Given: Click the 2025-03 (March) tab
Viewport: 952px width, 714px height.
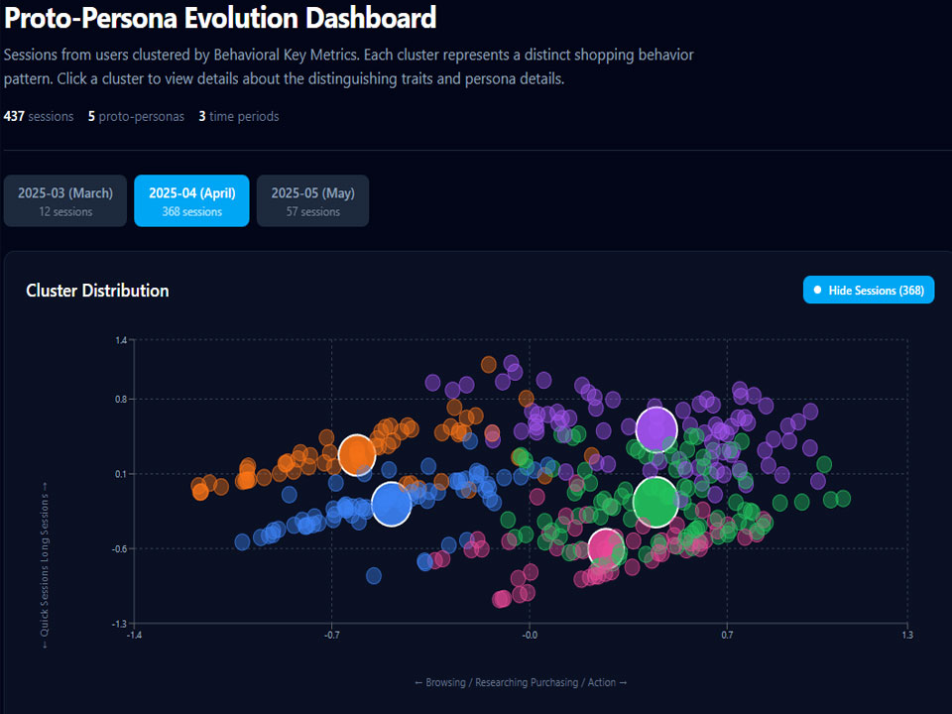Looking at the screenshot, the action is [x=65, y=201].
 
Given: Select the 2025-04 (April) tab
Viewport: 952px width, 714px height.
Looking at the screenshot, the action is [x=191, y=201].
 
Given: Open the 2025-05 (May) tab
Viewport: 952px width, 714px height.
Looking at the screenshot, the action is [x=312, y=201].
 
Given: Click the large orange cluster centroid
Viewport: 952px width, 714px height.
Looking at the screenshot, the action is [x=356, y=455].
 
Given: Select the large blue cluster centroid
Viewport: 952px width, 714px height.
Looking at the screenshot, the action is [x=391, y=504].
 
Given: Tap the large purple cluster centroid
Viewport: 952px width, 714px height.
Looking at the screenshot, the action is [x=656, y=429].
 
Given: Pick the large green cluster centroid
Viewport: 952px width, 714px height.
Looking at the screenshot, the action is [x=655, y=502].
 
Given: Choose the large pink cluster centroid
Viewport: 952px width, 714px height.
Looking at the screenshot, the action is [x=605, y=548].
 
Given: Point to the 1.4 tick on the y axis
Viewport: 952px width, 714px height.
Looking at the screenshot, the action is [x=121, y=340].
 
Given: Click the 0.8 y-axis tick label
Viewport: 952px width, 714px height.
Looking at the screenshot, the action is [x=121, y=400].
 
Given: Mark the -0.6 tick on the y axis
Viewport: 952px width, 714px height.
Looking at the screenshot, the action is [x=120, y=548].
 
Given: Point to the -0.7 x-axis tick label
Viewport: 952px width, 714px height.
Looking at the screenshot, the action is [x=331, y=635].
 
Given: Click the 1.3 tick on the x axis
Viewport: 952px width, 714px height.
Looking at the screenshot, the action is [x=907, y=635].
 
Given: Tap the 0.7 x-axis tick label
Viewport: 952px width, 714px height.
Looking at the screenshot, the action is [x=727, y=635].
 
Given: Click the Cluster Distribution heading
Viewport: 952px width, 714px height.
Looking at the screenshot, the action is [x=97, y=291].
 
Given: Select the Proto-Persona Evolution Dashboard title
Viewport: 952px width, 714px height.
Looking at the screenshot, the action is [x=220, y=18].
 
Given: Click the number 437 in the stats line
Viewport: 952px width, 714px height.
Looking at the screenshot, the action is [x=14, y=117].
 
